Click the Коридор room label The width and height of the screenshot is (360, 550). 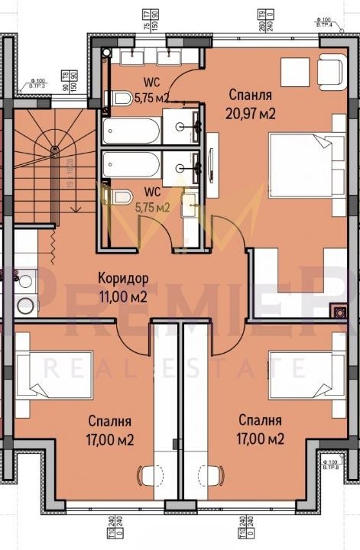[x=123, y=277]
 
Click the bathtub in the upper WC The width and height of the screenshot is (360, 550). [x=132, y=130]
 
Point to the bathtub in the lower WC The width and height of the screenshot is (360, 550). [x=132, y=163]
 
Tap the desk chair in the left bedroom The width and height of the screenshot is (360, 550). [x=145, y=474]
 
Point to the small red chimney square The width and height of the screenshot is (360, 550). [x=335, y=311]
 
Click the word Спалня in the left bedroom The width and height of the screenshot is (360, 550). [x=109, y=421]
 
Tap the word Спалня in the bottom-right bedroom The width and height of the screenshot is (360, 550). [x=260, y=421]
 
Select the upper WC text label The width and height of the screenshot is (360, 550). [x=151, y=81]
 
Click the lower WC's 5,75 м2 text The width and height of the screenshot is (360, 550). [x=153, y=206]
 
